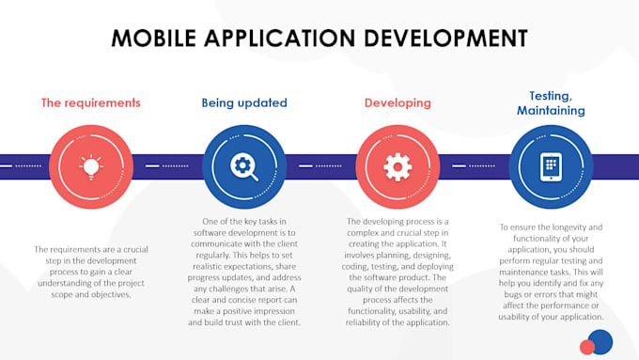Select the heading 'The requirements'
[90, 102]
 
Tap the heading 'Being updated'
[244, 102]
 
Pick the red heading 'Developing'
[397, 102]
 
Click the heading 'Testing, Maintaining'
[551, 102]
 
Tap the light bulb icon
[91, 166]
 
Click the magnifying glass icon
[244, 166]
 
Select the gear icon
[397, 166]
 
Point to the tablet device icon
[551, 166]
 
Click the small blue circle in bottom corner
[600, 340]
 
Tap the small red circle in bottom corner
[587, 348]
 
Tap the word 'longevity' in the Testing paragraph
[578, 227]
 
